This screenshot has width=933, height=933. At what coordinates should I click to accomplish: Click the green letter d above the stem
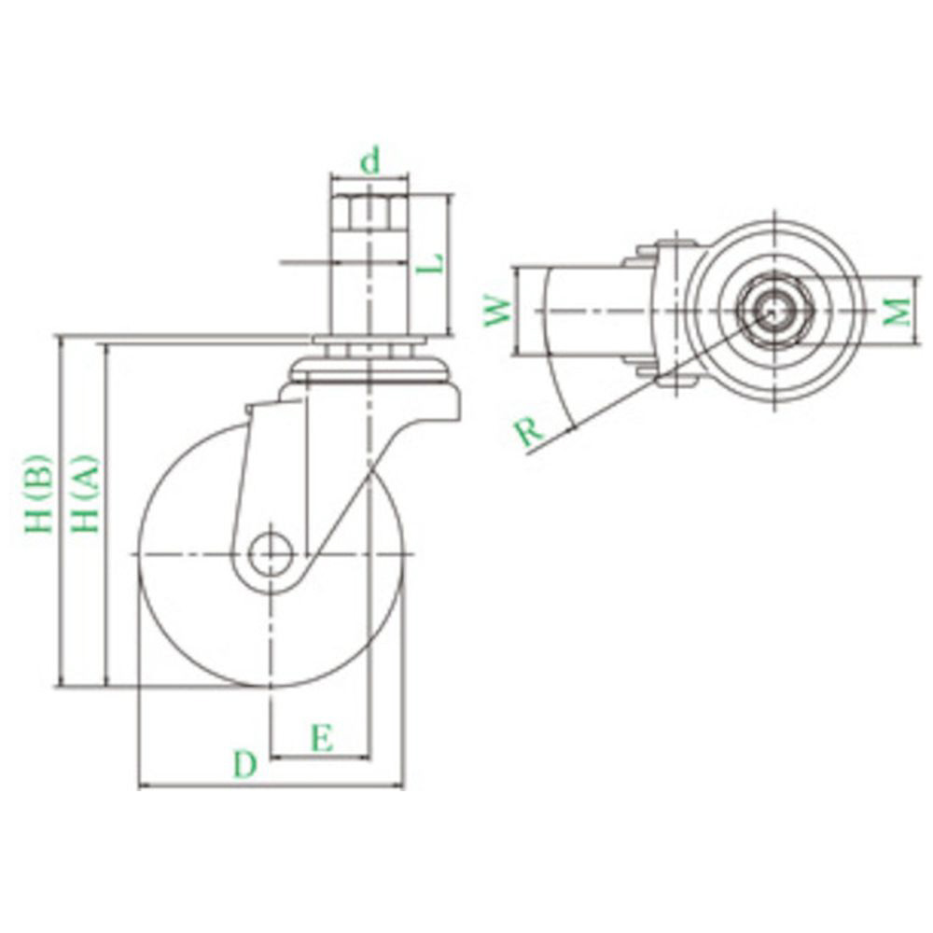370,160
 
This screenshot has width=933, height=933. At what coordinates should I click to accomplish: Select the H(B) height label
39,494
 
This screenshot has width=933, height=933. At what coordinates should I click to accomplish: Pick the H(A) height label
85,494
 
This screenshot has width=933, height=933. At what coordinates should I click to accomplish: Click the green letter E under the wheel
322,738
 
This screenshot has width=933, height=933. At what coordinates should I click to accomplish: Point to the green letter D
244,764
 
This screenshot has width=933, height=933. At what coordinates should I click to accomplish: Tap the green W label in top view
498,311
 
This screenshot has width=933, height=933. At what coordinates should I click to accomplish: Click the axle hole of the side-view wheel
272,554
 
